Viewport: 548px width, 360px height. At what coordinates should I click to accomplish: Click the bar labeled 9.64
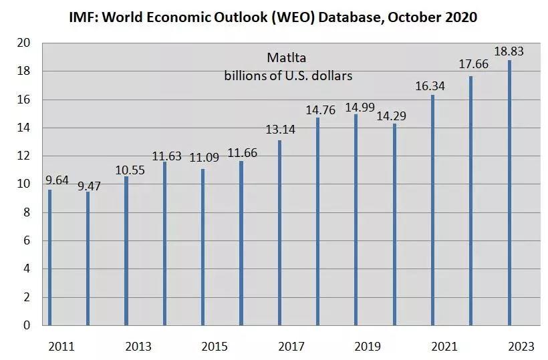coord(49,257)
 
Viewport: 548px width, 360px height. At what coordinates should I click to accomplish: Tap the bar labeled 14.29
coord(394,224)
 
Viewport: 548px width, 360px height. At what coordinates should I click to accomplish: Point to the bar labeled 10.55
coord(126,250)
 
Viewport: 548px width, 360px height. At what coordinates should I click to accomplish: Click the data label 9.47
coord(87,186)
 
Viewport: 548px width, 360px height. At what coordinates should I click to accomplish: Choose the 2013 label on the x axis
coord(138,347)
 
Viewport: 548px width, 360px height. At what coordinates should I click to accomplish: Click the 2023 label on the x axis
coord(521,347)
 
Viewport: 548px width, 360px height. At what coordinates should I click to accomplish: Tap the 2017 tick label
coord(291,347)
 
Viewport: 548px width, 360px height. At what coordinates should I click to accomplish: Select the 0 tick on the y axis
coord(27,325)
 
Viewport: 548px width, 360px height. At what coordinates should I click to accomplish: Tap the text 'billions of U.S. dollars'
coord(288,76)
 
